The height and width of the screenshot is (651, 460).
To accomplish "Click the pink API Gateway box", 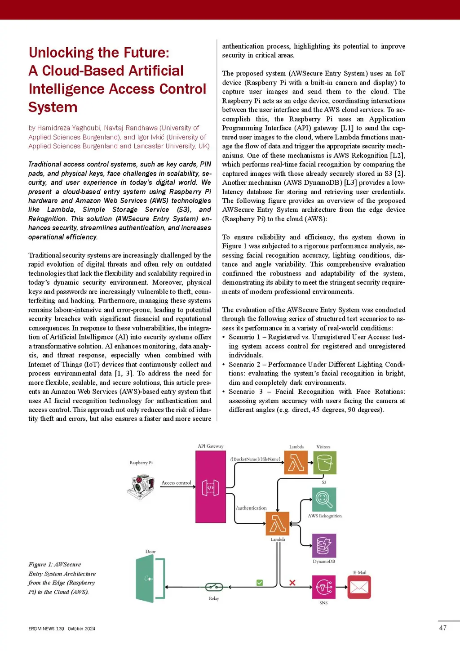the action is [x=211, y=486].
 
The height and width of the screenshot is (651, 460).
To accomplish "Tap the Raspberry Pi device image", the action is [x=141, y=487].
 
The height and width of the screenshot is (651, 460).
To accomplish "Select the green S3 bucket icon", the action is [x=325, y=463].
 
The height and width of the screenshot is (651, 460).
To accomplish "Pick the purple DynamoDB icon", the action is [x=324, y=545].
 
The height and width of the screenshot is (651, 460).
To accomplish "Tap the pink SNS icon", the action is [x=324, y=587].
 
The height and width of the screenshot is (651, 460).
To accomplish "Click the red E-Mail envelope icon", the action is [x=359, y=587].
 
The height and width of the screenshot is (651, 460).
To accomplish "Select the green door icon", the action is [x=150, y=578].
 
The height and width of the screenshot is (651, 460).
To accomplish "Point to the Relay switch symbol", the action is [x=214, y=587].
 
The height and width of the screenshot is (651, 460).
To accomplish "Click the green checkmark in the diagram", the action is [x=260, y=582].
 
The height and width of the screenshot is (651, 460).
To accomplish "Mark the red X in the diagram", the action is [x=292, y=582].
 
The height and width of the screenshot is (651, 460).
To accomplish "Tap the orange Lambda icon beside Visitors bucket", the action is [x=296, y=463].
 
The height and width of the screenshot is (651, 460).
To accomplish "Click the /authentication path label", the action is [x=251, y=508].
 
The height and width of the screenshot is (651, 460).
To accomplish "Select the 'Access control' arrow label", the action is [x=176, y=483].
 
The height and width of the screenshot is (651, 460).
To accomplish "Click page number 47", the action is [x=443, y=628].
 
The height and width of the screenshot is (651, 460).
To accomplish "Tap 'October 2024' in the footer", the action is [x=82, y=629].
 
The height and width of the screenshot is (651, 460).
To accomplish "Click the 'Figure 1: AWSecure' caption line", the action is [x=55, y=564].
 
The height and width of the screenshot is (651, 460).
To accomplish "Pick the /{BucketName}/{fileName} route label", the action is [x=255, y=459].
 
